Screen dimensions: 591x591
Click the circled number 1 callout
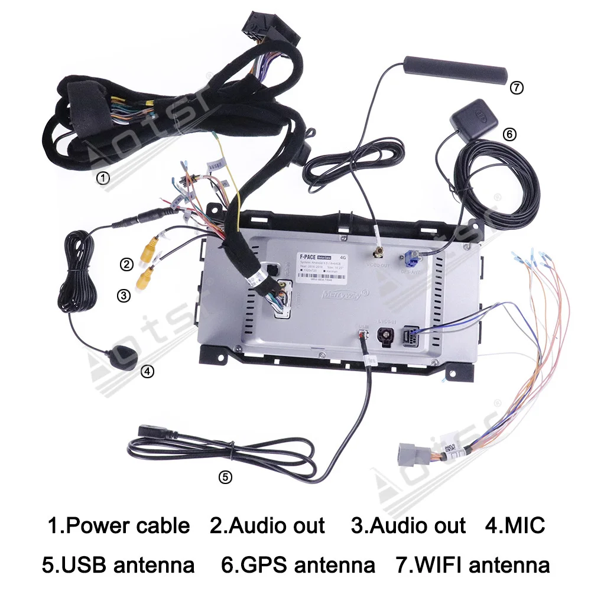click(x=103, y=177)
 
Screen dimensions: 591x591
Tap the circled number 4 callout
click(x=147, y=371)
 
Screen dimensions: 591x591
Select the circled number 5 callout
click(x=225, y=477)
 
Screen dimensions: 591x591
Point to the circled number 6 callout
click(x=509, y=134)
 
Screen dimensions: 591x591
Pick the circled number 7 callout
click(x=516, y=87)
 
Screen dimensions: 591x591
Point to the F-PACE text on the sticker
click(x=307, y=256)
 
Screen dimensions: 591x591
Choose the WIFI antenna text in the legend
click(x=481, y=564)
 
